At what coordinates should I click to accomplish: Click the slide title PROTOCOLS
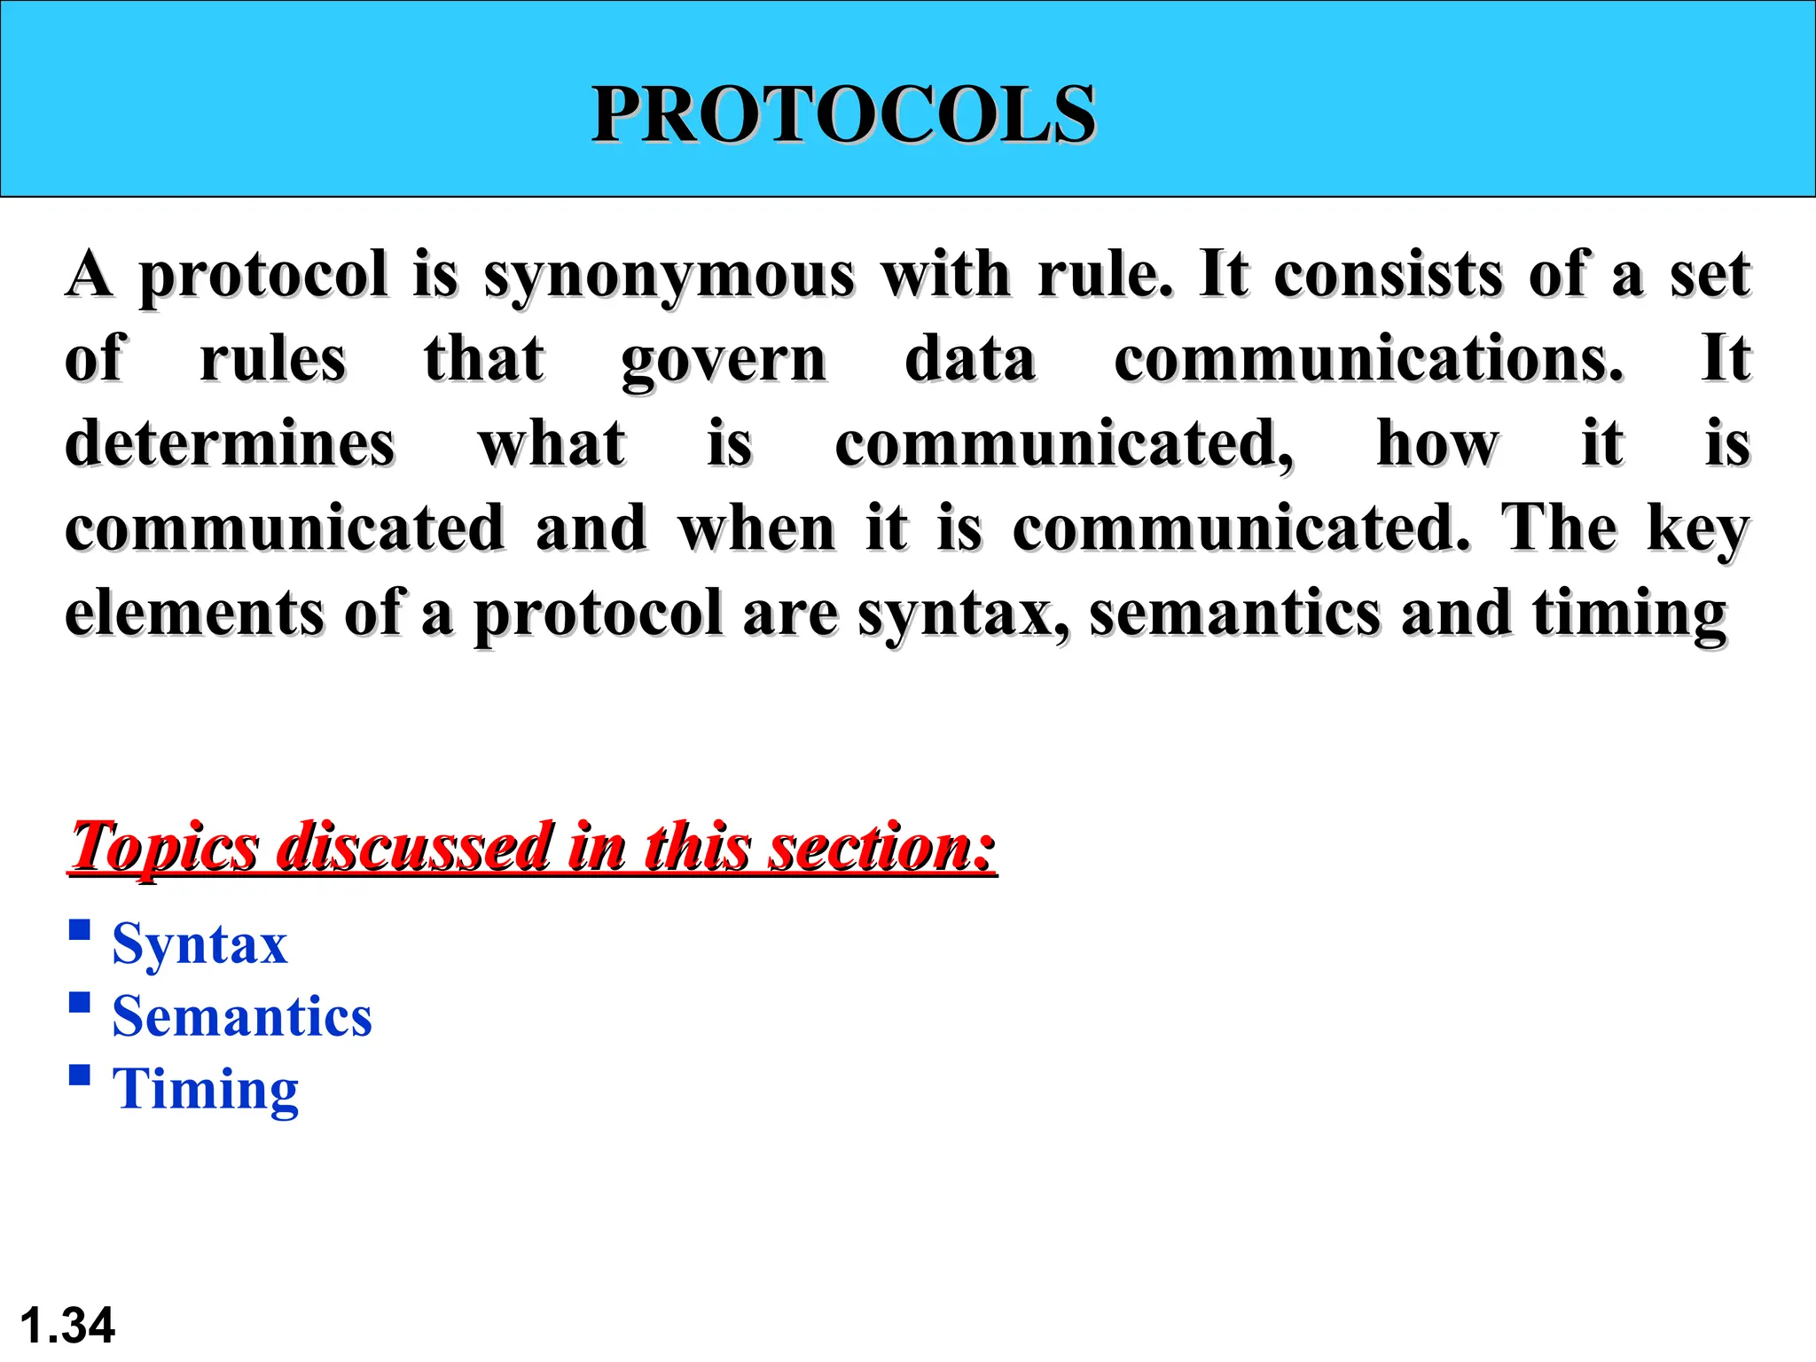coord(843,114)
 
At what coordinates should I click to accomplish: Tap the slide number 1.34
coord(67,1326)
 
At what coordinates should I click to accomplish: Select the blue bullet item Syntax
coord(200,943)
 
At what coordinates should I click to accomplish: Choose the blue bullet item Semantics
coord(242,1016)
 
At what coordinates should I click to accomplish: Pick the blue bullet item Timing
coord(206,1089)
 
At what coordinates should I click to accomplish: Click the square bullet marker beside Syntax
coord(80,929)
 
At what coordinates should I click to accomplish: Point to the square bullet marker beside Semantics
coord(80,1002)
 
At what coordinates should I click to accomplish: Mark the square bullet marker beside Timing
coord(80,1075)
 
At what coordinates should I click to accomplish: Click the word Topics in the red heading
coord(165,847)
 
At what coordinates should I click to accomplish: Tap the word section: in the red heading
coord(882,847)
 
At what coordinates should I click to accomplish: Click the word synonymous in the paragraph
coord(669,275)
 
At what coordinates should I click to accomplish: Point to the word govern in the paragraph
coord(724,360)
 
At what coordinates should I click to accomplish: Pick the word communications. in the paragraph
coord(1368,359)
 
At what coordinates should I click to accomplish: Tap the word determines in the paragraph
coord(230,443)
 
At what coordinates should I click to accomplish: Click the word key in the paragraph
coord(1698,529)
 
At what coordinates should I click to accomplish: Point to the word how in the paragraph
coord(1437,443)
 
